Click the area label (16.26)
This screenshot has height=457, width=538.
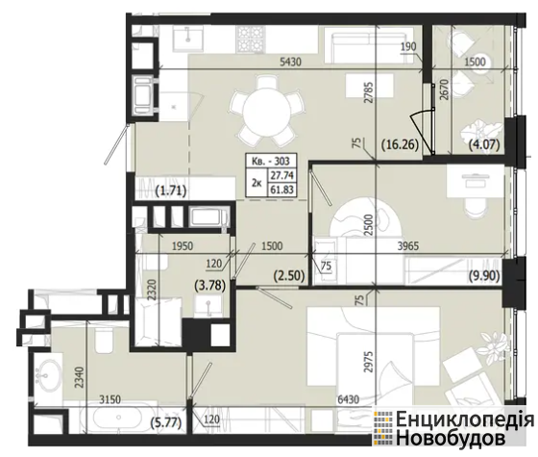400,144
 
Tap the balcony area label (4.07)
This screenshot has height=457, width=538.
484,144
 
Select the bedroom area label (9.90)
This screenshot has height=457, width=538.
484,276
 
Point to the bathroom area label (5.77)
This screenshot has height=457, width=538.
166,422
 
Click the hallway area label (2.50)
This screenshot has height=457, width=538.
289,276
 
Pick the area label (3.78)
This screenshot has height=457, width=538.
210,286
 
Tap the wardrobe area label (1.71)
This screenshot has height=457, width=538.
171,191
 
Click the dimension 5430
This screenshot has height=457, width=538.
290,63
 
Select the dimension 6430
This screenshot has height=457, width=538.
348,399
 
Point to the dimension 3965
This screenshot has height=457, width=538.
408,246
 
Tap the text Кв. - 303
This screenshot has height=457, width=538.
271,161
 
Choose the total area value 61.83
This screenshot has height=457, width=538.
282,190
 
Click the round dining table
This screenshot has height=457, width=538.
267,111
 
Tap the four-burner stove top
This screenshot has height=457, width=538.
251,39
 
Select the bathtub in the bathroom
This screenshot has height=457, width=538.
118,418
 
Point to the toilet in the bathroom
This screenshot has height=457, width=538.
104,340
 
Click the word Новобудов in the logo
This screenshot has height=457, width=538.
451,438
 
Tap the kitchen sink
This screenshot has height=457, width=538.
187,39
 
